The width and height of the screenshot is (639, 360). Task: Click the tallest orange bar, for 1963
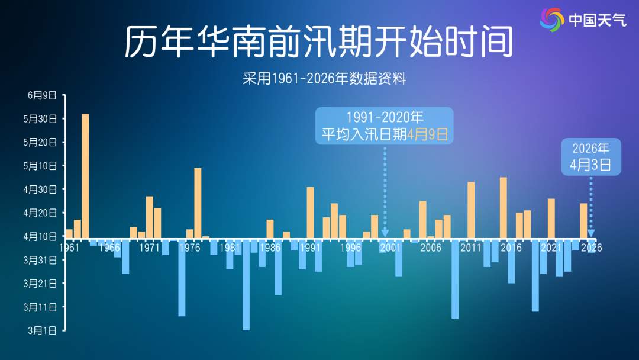[85, 175]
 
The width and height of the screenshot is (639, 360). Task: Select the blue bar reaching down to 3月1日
[246, 284]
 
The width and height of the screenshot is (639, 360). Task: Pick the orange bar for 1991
[310, 212]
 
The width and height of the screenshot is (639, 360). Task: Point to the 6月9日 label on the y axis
[42, 95]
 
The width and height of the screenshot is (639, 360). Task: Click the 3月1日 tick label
[42, 330]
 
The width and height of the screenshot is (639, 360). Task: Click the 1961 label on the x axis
[69, 247]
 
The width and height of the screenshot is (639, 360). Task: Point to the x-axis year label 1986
[270, 247]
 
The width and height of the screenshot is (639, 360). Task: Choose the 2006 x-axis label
[430, 247]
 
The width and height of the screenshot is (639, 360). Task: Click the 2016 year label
[511, 247]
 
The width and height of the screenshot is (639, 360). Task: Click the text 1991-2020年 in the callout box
[384, 117]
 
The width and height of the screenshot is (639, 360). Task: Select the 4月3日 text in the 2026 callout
[590, 165]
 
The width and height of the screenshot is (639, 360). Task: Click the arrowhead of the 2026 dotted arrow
[590, 233]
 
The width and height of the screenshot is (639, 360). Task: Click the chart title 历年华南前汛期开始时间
[318, 42]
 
